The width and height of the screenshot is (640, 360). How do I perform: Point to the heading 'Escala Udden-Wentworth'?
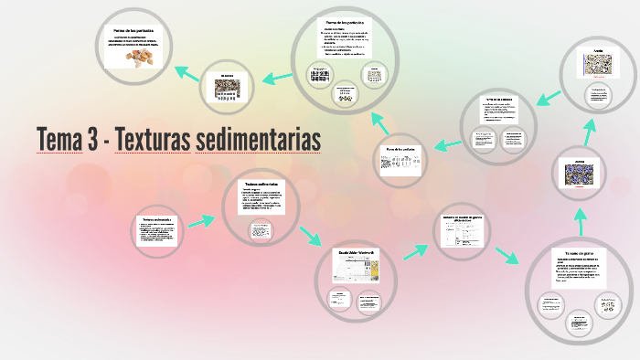[352, 251]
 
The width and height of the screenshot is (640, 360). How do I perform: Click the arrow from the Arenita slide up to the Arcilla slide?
[588, 131]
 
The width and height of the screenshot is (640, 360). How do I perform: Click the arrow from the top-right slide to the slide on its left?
[549, 94]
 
